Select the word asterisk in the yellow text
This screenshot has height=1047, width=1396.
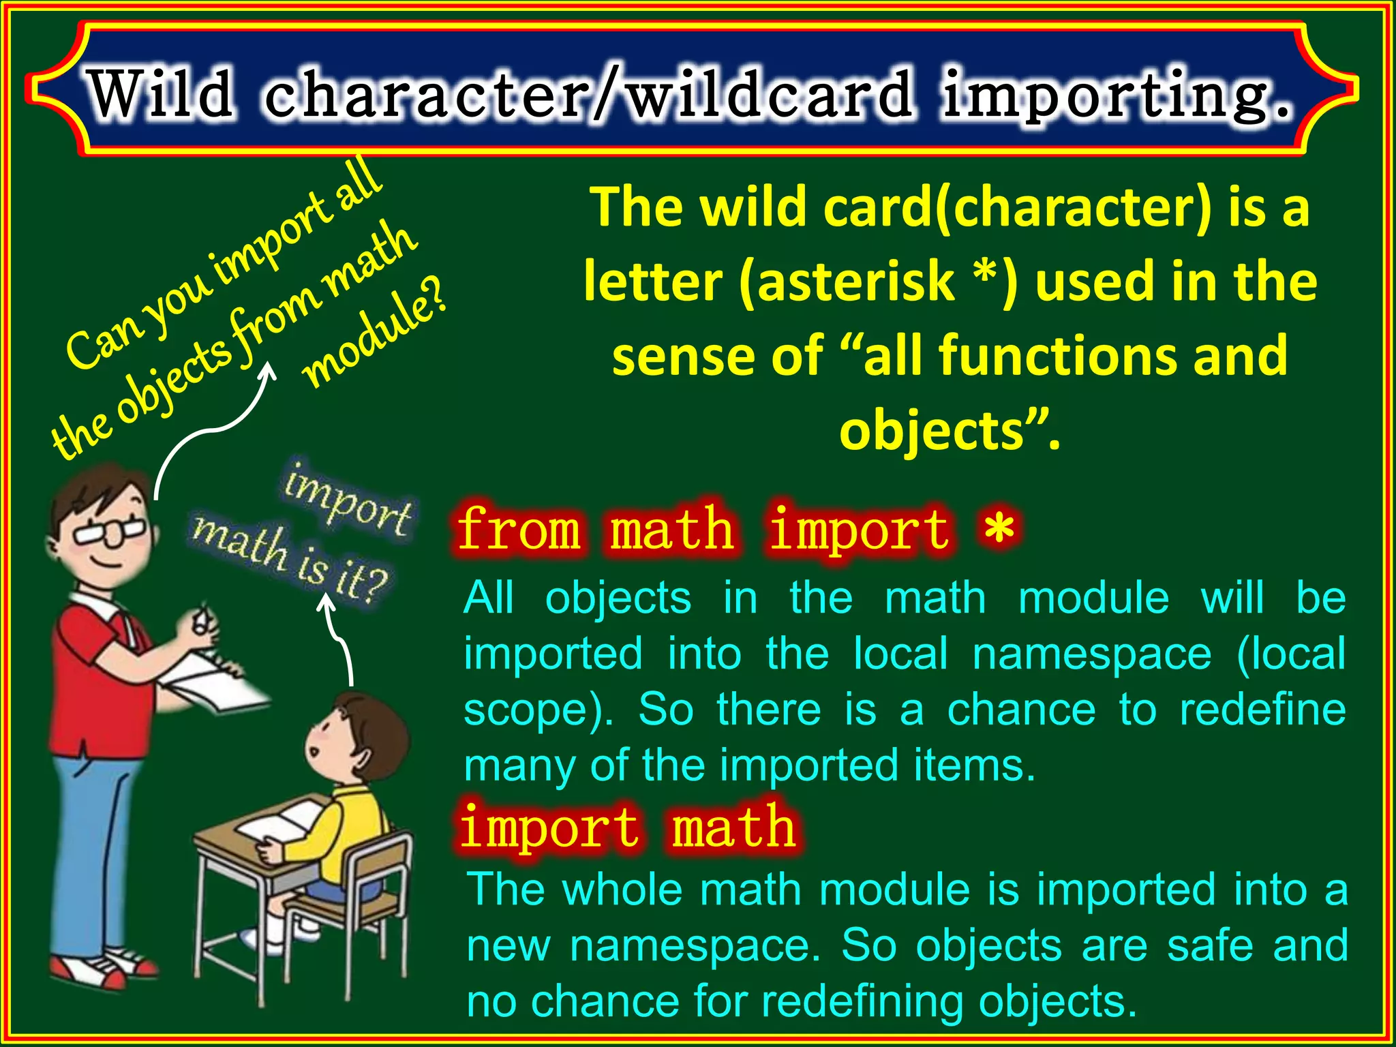coord(855,282)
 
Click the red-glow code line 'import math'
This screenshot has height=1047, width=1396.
coord(628,827)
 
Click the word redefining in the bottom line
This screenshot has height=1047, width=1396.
coord(862,1002)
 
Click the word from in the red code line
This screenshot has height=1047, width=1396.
coord(518,530)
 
